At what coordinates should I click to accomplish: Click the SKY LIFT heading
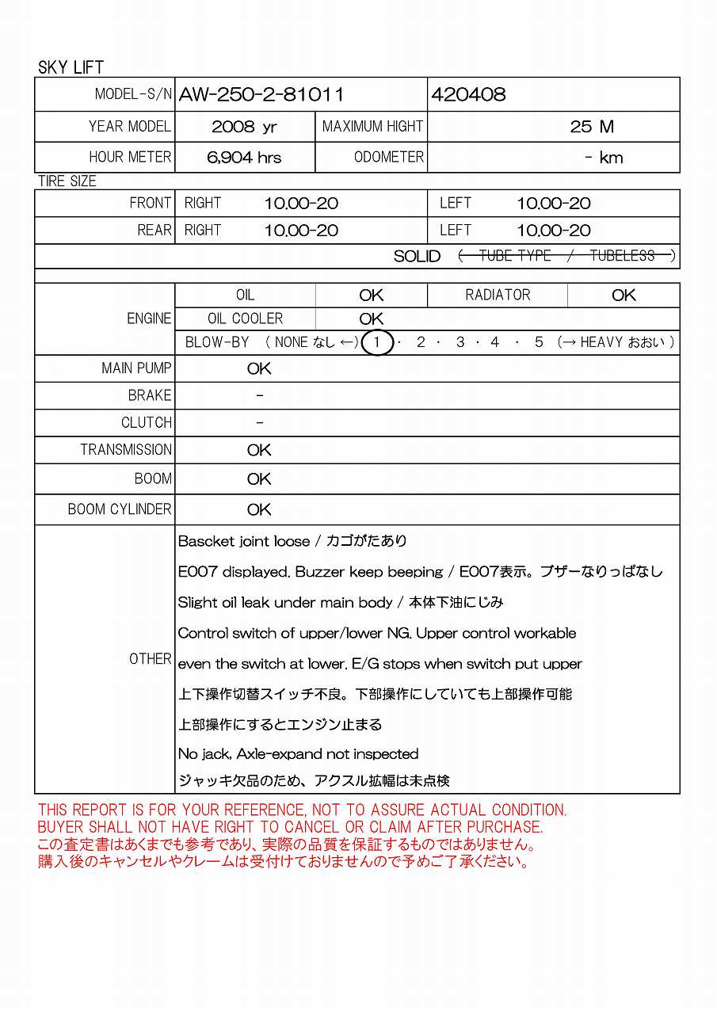coord(71,67)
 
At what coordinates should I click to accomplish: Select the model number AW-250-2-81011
coord(261,95)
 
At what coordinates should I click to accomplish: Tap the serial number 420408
coord(467,95)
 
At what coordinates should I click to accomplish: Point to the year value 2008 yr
coord(244,127)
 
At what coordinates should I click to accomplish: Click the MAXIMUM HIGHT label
coord(372,127)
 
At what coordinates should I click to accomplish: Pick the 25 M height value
coord(592,127)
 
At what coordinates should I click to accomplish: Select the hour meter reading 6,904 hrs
coord(244,158)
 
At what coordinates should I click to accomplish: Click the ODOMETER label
coord(389,158)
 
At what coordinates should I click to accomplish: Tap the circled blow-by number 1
coord(378,342)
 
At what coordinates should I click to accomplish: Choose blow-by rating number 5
coord(539,342)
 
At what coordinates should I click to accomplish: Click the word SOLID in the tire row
coord(417,256)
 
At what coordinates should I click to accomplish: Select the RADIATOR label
coord(498,295)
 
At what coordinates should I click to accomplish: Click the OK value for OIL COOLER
coord(371,318)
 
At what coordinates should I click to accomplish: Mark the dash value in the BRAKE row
coord(260,395)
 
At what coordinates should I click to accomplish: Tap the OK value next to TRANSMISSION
coord(259,450)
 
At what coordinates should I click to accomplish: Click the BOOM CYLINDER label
coord(120,509)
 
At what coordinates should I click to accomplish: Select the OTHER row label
coord(151,659)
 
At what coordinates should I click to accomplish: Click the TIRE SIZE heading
coord(67,181)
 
